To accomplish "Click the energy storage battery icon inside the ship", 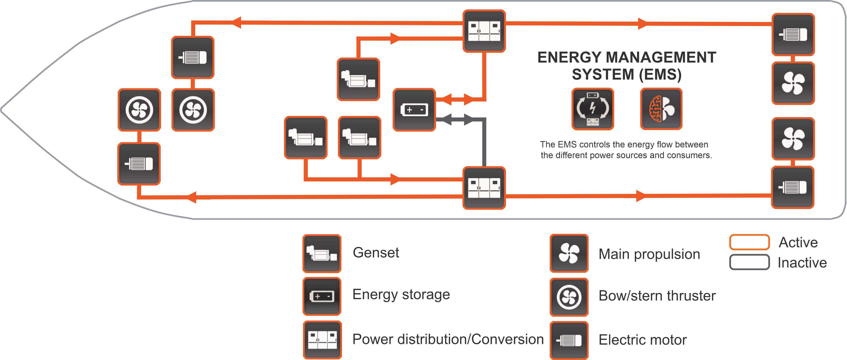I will click(x=414, y=109).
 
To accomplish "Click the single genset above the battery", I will click(x=358, y=79).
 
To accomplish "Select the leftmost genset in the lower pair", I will click(x=305, y=137).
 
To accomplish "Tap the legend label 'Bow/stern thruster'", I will click(x=657, y=295).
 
